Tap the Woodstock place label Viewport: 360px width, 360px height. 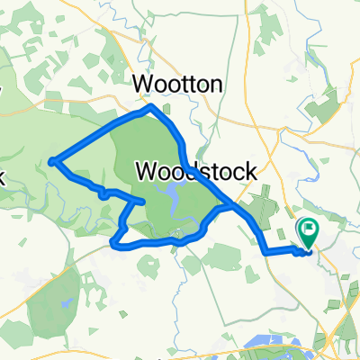pos(198,170)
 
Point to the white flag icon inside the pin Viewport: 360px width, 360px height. pos(309,229)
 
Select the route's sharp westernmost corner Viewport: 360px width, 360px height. pos(52,163)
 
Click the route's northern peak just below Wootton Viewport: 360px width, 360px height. pos(152,106)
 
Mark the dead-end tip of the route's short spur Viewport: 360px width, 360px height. pos(144,201)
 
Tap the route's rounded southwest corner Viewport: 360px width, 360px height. pos(112,240)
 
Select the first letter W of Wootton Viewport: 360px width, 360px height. pos(142,84)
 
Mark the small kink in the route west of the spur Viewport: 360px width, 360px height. pos(103,192)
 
